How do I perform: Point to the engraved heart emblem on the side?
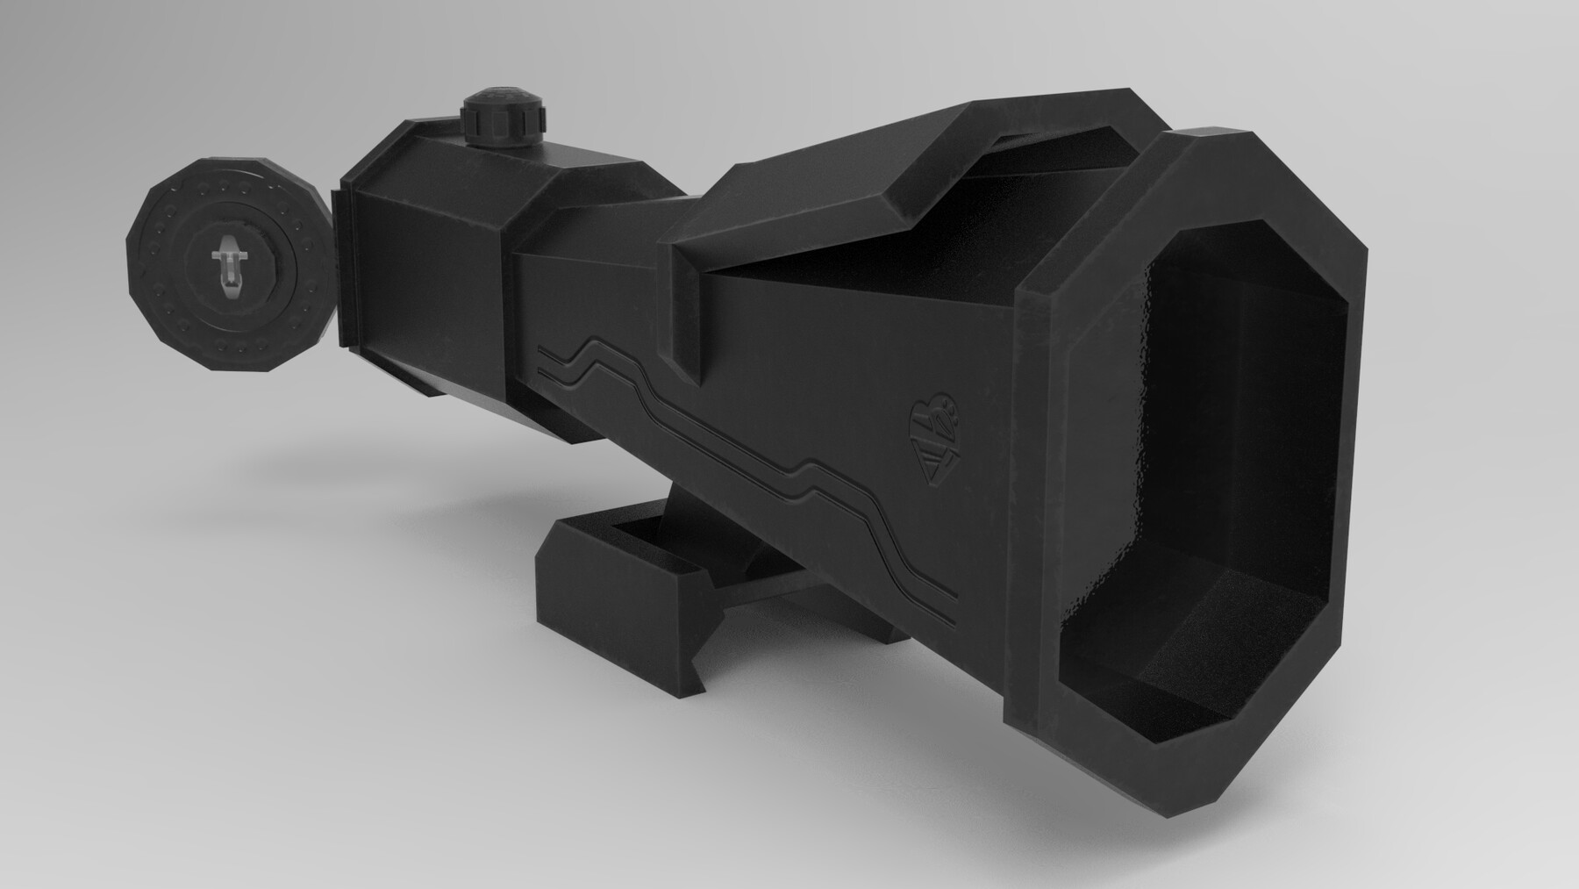pyautogui.click(x=932, y=433)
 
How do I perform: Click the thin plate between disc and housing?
pyautogui.click(x=341, y=263)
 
